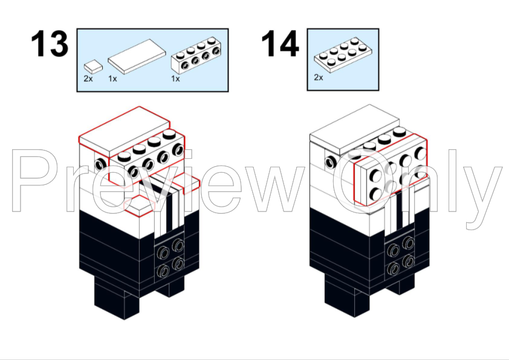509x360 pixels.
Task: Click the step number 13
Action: tap(50, 43)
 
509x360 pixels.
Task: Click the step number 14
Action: tap(280, 43)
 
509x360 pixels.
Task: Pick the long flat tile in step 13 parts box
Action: tap(137, 57)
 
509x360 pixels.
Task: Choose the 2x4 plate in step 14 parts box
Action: tap(343, 54)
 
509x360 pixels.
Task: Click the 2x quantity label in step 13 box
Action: tap(88, 79)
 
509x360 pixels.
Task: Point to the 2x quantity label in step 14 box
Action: tap(319, 77)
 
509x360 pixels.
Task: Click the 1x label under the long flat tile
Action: tap(112, 79)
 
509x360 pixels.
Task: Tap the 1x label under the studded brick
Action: tap(175, 79)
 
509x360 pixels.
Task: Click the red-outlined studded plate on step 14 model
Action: tap(391, 170)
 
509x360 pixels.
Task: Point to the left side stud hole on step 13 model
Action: tap(101, 164)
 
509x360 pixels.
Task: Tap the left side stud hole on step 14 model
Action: tap(331, 161)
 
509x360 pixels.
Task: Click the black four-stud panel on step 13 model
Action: tap(170, 258)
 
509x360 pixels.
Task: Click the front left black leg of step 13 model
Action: tap(117, 298)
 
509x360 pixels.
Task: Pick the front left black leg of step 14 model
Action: tap(348, 297)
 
